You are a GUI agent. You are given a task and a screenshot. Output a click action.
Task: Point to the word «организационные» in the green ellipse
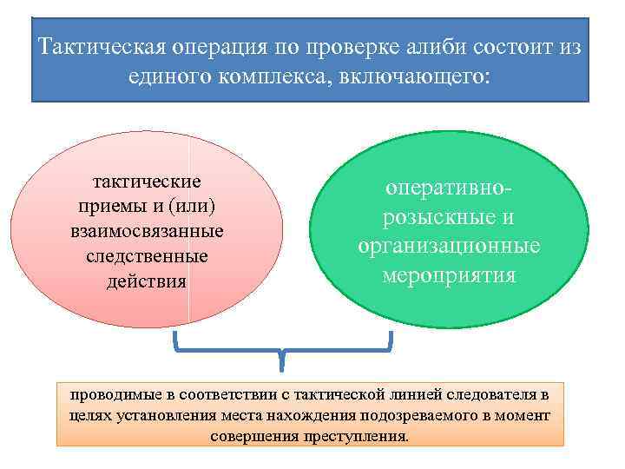pyautogui.click(x=449, y=246)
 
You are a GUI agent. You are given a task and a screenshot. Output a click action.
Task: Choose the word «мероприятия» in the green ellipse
pyautogui.click(x=449, y=275)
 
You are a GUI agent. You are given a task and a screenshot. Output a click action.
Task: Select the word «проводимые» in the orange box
pyautogui.click(x=111, y=394)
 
